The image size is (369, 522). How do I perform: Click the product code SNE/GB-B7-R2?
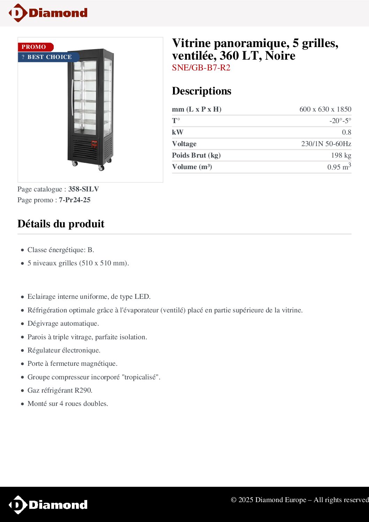201,68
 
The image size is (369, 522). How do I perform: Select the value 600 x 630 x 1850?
325,109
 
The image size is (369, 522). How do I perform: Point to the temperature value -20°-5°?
340,121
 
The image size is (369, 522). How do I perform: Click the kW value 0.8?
346,132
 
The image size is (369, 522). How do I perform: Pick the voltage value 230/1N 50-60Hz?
326,144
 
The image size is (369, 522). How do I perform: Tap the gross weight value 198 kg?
341,155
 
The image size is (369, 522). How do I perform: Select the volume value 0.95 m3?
339,167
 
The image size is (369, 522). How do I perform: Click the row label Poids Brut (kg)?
196,155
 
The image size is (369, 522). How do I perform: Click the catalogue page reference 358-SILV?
83,189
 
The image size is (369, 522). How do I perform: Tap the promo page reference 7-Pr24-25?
75,200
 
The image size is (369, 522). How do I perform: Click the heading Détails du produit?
61,224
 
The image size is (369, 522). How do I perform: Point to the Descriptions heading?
202,91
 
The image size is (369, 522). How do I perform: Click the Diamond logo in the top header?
48,13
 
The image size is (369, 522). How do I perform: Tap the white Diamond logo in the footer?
48,505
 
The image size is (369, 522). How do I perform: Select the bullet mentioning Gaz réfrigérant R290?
60,390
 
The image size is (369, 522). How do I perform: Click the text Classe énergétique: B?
61,250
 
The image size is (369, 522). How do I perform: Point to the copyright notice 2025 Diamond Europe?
300,500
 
